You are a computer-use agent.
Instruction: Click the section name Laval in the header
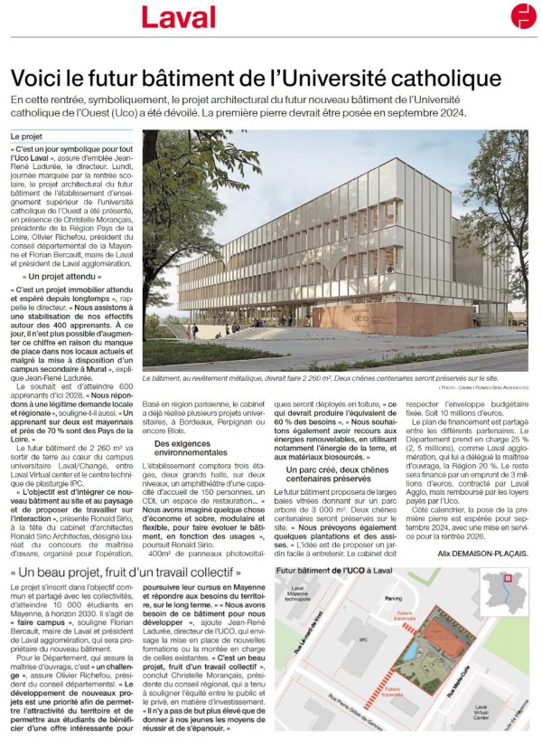coord(179,16)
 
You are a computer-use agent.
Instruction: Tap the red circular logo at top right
coord(523,15)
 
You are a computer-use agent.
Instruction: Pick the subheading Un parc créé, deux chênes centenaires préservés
coord(331,475)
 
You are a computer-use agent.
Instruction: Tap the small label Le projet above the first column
coord(27,136)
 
